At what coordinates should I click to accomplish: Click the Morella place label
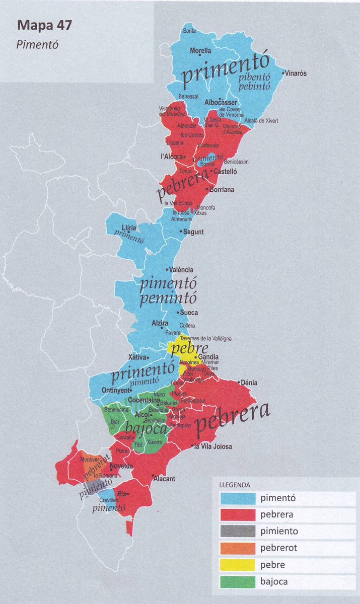200,51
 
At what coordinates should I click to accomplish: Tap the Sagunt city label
194,232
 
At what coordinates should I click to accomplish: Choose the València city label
182,270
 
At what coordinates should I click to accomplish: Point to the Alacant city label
164,479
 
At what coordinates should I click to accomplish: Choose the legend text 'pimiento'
279,531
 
